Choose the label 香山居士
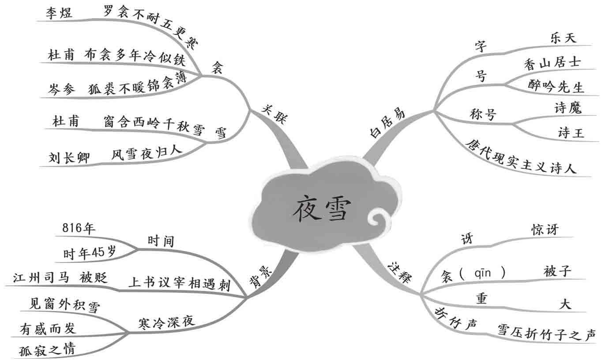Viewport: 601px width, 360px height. click(552, 65)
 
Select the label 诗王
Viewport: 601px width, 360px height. click(571, 132)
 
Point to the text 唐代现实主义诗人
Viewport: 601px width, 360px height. click(521, 157)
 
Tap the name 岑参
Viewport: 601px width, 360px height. click(63, 89)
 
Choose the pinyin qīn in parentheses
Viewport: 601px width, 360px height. click(484, 274)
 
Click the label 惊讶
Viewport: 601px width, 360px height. click(545, 229)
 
